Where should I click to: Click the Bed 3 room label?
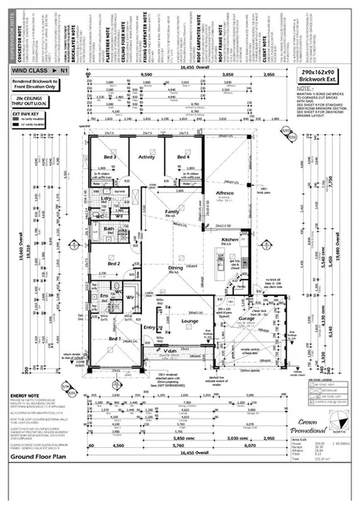(110, 158)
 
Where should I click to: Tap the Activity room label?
(147, 157)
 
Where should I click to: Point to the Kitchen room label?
(231, 242)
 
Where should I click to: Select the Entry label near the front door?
(150, 327)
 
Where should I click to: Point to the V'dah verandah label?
(172, 350)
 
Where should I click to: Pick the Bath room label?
(109, 229)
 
